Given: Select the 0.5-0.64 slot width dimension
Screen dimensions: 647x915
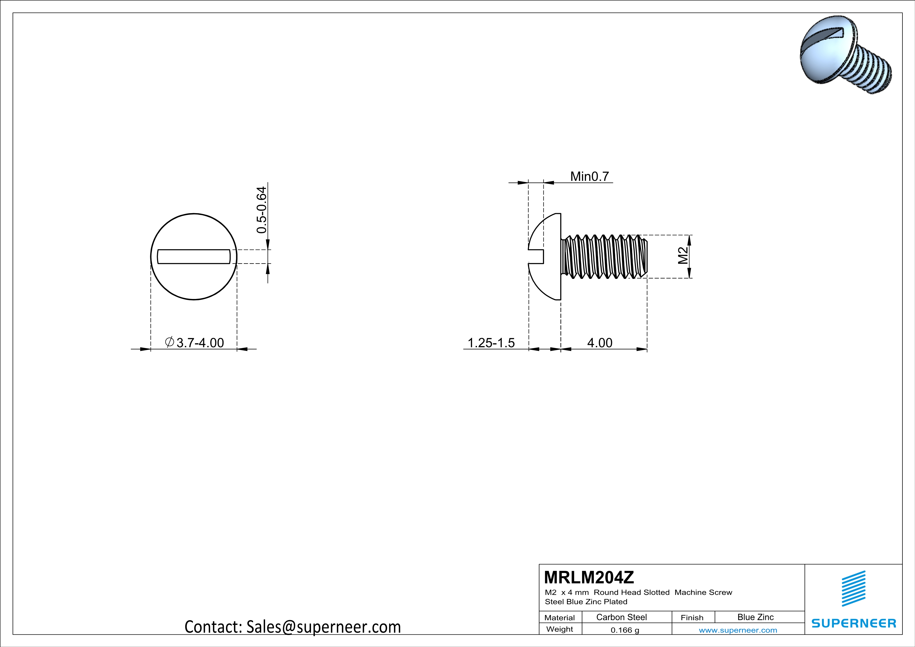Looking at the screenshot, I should coord(261,210).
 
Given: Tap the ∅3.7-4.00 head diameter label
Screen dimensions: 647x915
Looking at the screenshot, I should coord(194,342).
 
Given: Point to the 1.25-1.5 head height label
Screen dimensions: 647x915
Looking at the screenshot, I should coord(491,343).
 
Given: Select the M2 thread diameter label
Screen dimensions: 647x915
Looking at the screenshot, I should coord(683,256).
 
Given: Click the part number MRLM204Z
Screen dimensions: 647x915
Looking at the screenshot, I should coord(589,577).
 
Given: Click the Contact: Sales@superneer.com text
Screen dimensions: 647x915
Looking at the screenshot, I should coord(292,627).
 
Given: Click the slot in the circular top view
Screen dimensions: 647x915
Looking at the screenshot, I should coord(194,256).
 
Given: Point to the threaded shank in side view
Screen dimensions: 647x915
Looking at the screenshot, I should coord(604,256).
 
